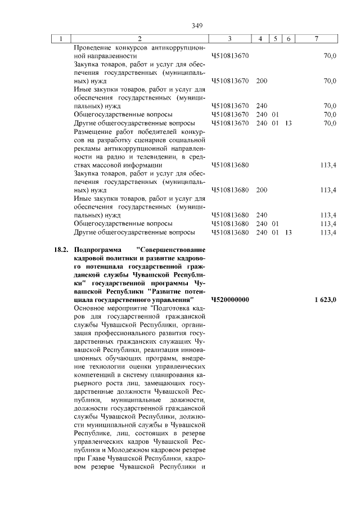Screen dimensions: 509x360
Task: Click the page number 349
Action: tap(196, 25)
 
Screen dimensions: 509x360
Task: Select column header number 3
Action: tap(230, 39)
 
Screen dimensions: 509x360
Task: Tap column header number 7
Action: tap(317, 39)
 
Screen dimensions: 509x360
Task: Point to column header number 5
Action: tap(276, 39)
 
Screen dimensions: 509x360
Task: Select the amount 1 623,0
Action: tap(326, 300)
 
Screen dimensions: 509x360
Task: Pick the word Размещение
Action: tap(94, 132)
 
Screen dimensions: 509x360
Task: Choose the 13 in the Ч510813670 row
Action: tap(288, 123)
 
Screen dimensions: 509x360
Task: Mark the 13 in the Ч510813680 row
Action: tap(288, 232)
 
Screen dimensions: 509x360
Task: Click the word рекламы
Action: tap(89, 148)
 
